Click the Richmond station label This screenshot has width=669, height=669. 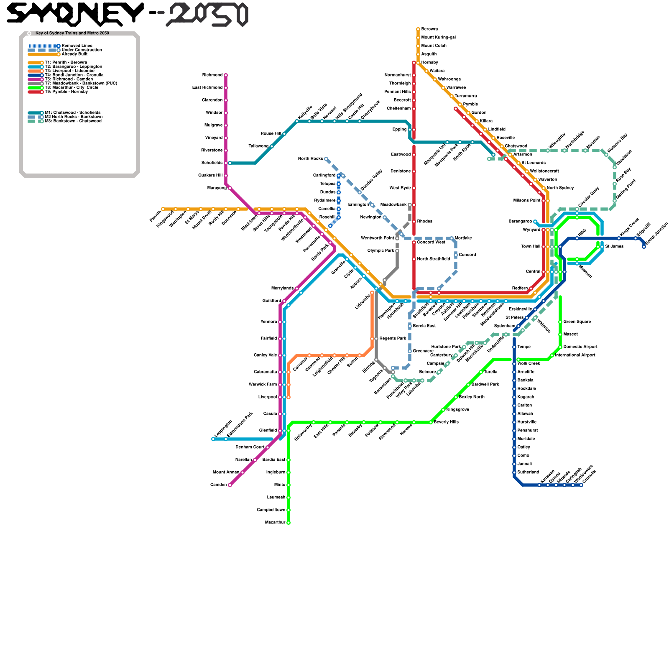212,75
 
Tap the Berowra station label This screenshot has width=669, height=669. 429,29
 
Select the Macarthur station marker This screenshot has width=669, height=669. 289,523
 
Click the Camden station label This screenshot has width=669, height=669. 218,485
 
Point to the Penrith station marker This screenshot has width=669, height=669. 163,209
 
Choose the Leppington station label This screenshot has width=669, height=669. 223,429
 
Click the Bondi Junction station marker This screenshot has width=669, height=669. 644,247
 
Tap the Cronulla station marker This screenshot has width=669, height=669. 581,485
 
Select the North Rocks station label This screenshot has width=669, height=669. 310,159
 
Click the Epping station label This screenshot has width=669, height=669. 399,130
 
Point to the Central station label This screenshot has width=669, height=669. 533,272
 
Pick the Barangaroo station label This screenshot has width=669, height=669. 520,222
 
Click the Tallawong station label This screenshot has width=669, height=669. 258,146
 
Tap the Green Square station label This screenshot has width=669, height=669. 577,322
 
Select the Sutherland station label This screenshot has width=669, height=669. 528,472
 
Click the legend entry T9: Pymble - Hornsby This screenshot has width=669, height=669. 66,92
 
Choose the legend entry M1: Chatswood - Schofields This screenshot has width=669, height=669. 72,113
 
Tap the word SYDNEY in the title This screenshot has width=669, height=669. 75,13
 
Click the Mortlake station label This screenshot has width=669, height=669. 463,238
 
